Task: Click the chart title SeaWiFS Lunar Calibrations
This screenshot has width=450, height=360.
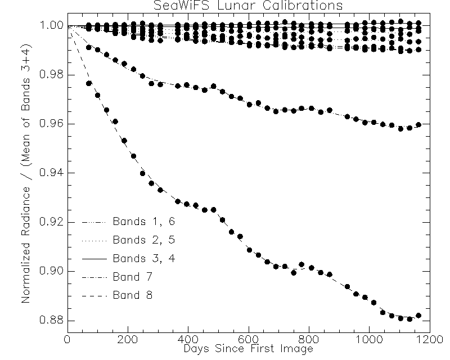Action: pyautogui.click(x=248, y=6)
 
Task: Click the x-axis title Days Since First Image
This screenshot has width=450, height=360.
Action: pyautogui.click(x=248, y=349)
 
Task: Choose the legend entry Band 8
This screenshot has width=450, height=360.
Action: pyautogui.click(x=132, y=295)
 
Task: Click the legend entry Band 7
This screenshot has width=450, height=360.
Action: pyautogui.click(x=132, y=276)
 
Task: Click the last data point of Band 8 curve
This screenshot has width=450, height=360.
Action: pyautogui.click(x=418, y=316)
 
